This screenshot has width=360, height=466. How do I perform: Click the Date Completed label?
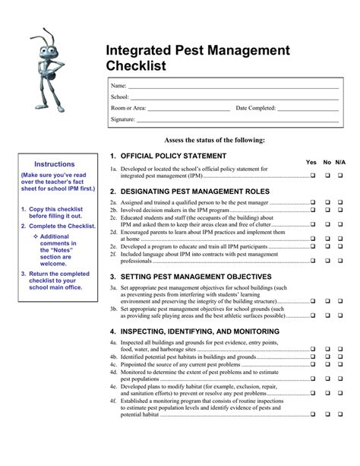[x=256, y=108]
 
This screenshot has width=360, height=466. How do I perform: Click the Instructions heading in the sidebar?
[x=54, y=164]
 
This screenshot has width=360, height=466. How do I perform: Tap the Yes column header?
[x=311, y=163]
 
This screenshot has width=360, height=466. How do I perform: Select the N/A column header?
[x=340, y=163]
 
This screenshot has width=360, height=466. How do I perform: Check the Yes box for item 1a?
[x=312, y=176]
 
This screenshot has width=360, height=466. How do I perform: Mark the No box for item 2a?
[x=327, y=203]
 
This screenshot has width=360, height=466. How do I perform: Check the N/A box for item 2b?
[x=340, y=210]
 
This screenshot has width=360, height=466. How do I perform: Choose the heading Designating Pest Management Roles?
[x=188, y=192]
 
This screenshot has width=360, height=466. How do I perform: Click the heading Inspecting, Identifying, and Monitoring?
[x=194, y=332]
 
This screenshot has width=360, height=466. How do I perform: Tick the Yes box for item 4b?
[x=312, y=357]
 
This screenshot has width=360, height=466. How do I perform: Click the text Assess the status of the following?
[x=226, y=141]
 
